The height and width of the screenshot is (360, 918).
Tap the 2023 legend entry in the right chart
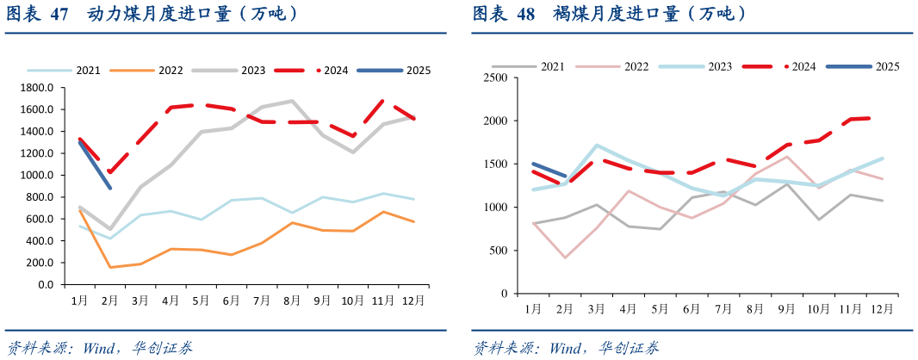click(720, 66)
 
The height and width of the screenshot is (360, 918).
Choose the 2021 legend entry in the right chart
click(552, 66)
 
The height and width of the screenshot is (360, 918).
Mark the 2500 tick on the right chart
click(495, 78)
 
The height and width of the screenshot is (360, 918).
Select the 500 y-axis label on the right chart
click(499, 251)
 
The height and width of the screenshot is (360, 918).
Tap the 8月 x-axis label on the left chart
click(292, 301)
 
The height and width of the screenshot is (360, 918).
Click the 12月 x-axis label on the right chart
click(881, 308)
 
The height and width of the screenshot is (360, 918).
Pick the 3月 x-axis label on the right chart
click(596, 308)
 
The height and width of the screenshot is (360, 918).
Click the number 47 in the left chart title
click(59, 15)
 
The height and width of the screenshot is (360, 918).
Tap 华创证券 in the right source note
click(630, 349)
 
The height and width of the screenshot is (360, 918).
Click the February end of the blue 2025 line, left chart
click(110, 188)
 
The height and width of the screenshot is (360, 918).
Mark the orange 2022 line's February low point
click(110, 267)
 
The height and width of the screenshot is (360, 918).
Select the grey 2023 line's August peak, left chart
click(292, 101)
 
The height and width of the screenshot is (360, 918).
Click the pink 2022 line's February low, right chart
click(565, 258)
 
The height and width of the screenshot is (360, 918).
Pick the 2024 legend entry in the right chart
click(803, 66)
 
